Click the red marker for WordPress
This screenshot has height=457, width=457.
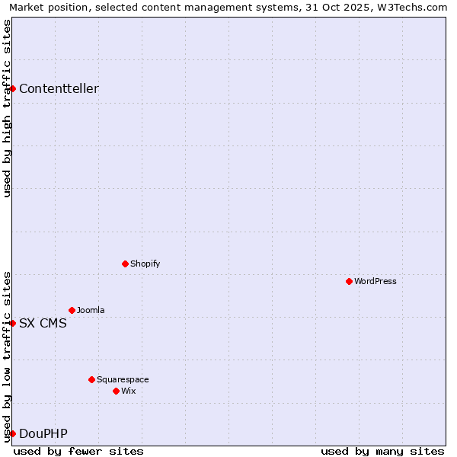click(x=349, y=281)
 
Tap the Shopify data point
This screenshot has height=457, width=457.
click(x=125, y=264)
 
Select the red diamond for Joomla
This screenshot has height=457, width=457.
click(x=72, y=310)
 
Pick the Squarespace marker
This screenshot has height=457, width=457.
click(x=91, y=379)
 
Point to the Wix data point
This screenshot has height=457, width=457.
click(x=116, y=391)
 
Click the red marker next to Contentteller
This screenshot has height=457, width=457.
click(x=12, y=88)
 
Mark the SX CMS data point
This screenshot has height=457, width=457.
click(x=12, y=323)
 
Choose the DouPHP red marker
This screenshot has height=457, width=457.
click(x=12, y=433)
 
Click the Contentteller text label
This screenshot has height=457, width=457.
click(x=59, y=88)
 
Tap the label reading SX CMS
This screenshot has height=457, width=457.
click(x=43, y=323)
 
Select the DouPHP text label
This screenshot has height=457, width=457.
click(x=43, y=433)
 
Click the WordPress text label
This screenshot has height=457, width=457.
click(x=376, y=281)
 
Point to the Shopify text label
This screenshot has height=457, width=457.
click(x=145, y=264)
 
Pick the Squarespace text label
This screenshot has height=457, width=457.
click(x=123, y=379)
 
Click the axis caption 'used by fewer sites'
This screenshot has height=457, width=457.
click(x=78, y=451)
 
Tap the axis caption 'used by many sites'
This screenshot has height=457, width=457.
click(x=382, y=451)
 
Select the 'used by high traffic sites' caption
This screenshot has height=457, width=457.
click(x=7, y=108)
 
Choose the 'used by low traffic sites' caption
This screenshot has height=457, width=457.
click(x=7, y=356)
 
